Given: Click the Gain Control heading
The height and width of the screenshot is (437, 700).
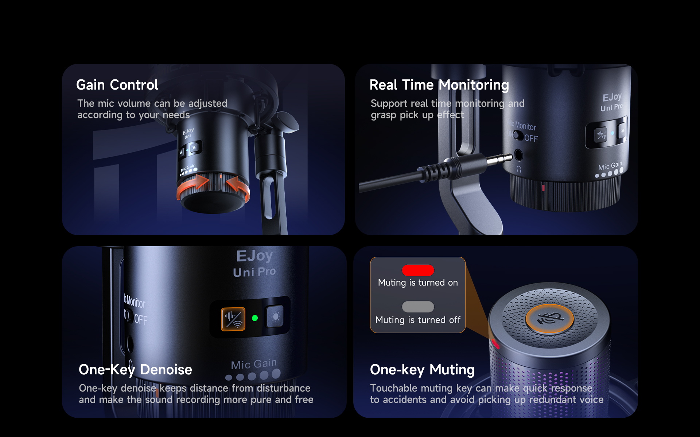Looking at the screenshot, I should pos(117,85).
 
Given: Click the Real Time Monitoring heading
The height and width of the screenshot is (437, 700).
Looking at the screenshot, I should pos(439,85).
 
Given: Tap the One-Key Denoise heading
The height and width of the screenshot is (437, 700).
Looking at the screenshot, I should pos(135,370).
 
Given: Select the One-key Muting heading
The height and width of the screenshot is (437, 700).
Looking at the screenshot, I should pos(422,370).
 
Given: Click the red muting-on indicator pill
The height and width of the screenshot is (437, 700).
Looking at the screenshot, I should pos(418,270).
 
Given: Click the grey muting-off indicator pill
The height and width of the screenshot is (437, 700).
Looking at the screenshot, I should pos(418,307).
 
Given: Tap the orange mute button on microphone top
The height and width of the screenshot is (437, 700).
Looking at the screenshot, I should pos(549,319).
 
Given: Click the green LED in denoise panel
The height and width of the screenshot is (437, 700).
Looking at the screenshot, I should pos(255,318).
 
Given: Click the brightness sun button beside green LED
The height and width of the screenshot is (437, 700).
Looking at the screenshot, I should pos(276,316).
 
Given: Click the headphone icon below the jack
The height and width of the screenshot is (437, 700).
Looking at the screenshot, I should pos(519,169).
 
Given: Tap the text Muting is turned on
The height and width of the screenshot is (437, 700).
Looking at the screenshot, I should pos(418,283).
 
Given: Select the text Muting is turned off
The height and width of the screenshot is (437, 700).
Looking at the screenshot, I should pos(418,320).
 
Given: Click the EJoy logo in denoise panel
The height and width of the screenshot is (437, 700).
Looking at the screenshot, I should pos(254,256).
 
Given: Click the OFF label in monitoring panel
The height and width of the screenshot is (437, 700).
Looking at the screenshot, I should pos(531,138).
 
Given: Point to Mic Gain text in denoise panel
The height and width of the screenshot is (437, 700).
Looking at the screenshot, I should pos(254,364).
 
